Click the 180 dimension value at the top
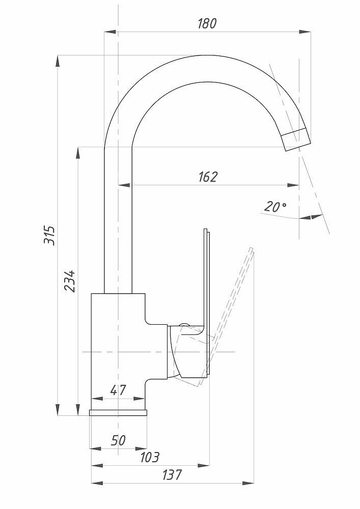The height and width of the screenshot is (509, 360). [207, 23]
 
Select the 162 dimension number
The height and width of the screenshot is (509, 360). [207, 177]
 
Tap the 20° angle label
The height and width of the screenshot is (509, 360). [275, 207]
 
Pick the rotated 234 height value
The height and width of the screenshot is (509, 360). [70, 280]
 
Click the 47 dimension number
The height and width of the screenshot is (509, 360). [118, 391]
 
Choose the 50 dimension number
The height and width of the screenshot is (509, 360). [118, 440]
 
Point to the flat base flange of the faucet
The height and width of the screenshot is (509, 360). [119, 413]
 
